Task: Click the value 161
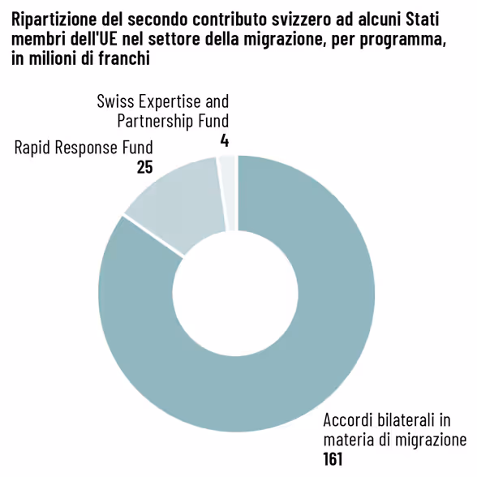[333, 459]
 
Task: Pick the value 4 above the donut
[224, 140]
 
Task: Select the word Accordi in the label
[348, 420]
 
